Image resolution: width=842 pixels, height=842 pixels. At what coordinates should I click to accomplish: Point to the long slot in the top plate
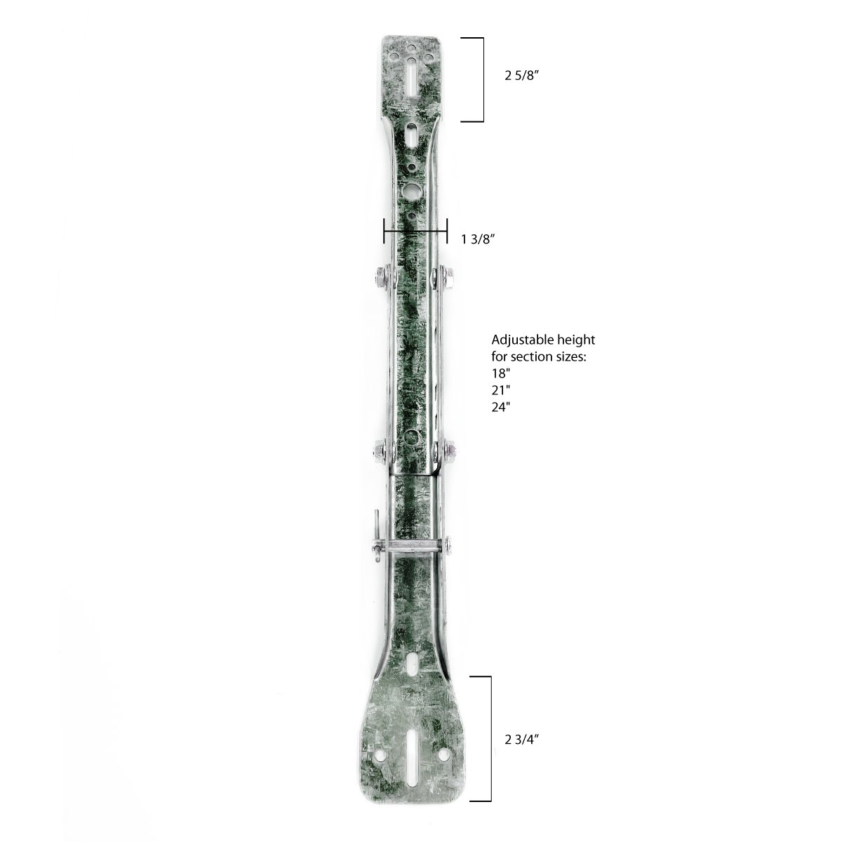click(410, 70)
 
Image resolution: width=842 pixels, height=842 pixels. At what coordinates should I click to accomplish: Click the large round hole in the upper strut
click(411, 189)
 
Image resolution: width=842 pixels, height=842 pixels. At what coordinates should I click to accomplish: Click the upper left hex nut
click(380, 279)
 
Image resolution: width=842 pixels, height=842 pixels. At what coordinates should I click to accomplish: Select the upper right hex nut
click(443, 279)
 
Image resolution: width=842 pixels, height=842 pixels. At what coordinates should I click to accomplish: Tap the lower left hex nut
click(380, 448)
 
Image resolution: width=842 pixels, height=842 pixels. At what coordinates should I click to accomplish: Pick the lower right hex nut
click(445, 448)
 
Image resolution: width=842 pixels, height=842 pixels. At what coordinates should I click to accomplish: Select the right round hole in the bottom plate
click(446, 755)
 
